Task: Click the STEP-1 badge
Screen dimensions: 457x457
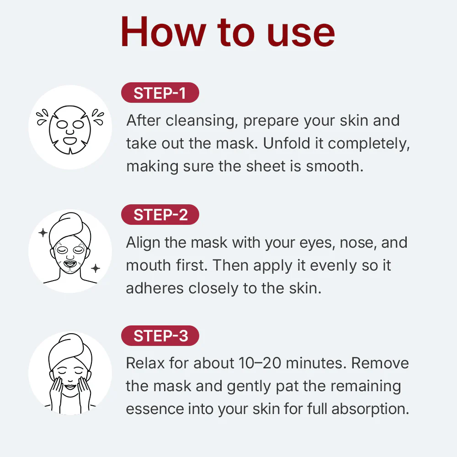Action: (x=160, y=93)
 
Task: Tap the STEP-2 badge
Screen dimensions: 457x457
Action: (x=160, y=215)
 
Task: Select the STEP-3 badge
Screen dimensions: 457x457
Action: (x=160, y=336)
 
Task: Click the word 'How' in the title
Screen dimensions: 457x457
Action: (x=162, y=32)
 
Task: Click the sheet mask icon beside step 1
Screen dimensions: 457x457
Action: (x=70, y=125)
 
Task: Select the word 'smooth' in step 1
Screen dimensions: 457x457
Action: (x=334, y=166)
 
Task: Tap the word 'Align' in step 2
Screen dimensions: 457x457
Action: (x=143, y=242)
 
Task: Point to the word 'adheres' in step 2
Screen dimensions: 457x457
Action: (x=155, y=288)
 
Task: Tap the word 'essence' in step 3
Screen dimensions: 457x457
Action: (x=155, y=409)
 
